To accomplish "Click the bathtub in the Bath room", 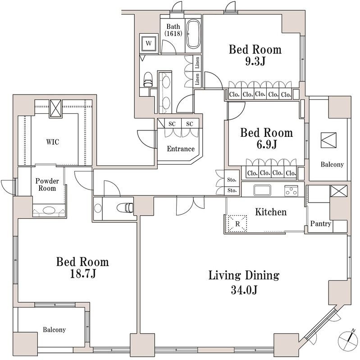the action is pyautogui.click(x=193, y=34).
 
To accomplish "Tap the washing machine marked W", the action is pyautogui.click(x=149, y=43).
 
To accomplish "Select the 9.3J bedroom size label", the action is pyautogui.click(x=255, y=62).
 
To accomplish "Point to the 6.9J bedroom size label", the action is pyautogui.click(x=267, y=144).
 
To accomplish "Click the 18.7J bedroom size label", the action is pyautogui.click(x=83, y=274).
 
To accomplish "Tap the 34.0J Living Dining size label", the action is pyautogui.click(x=244, y=290).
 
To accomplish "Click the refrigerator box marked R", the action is pyautogui.click(x=237, y=224).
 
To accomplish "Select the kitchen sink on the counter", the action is pyautogui.click(x=262, y=190).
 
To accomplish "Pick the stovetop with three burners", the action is pyautogui.click(x=291, y=191).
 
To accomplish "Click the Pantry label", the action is pyautogui.click(x=321, y=224).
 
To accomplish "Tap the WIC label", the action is pyautogui.click(x=53, y=142).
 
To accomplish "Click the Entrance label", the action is pyautogui.click(x=181, y=149).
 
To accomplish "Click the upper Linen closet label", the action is pyautogui.click(x=197, y=63).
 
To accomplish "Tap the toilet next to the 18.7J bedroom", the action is pyautogui.click(x=125, y=208).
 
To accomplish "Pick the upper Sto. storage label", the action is pyautogui.click(x=232, y=180).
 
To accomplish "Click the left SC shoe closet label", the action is pyautogui.click(x=172, y=124).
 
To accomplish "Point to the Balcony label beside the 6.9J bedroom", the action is pyautogui.click(x=332, y=164).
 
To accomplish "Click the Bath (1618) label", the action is pyautogui.click(x=173, y=30).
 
